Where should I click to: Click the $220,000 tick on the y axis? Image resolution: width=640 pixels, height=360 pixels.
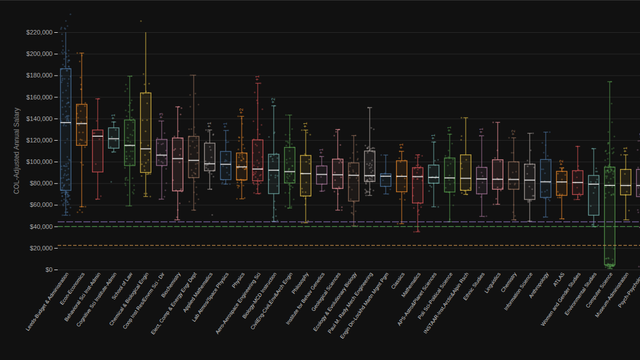pos(37,32)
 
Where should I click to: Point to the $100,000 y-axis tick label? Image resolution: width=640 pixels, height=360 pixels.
pos(37,162)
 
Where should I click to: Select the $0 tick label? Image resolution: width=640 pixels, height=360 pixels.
pos(46,270)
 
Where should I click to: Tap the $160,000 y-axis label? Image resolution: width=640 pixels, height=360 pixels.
pos(37,97)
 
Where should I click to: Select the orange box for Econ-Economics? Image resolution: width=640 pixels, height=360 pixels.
pos(82,125)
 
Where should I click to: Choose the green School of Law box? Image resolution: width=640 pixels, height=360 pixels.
pos(129,142)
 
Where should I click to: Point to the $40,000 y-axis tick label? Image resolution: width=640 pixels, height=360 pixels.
pos(39,227)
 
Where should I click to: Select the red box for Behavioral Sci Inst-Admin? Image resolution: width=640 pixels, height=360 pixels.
pos(97,151)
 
